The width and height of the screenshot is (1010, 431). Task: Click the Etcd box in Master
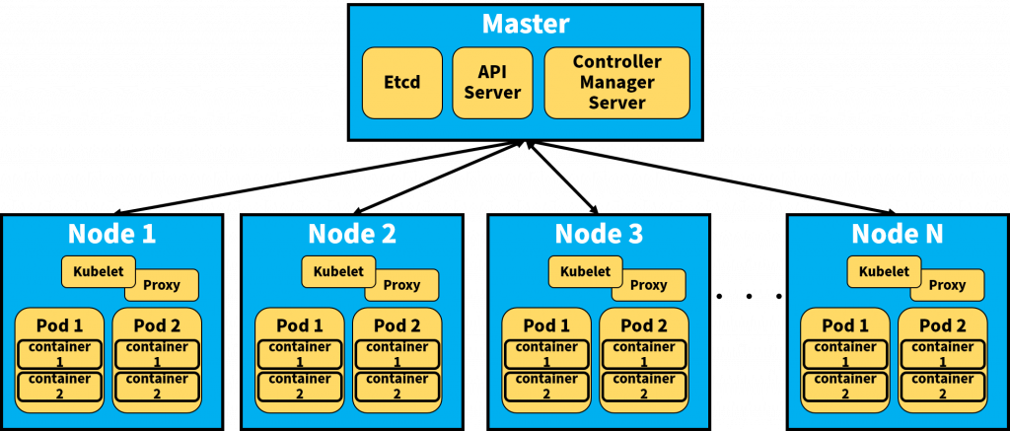click(401, 83)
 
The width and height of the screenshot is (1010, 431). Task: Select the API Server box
click(492, 83)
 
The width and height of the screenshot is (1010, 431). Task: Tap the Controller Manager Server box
click(616, 83)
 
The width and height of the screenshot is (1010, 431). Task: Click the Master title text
click(525, 25)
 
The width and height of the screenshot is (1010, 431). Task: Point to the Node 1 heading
click(111, 234)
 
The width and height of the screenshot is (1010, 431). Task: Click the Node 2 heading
click(352, 234)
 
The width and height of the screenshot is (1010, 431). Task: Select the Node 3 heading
click(599, 234)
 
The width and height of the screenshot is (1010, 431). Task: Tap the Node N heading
click(898, 234)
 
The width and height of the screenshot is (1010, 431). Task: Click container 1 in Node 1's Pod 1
click(59, 354)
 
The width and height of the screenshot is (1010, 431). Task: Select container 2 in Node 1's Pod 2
click(157, 386)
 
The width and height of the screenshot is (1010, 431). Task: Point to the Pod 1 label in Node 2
click(300, 325)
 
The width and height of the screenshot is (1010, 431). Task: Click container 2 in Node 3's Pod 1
click(546, 386)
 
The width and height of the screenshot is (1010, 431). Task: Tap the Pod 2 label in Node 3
click(644, 325)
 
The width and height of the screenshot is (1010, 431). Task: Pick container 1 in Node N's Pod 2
click(943, 354)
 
